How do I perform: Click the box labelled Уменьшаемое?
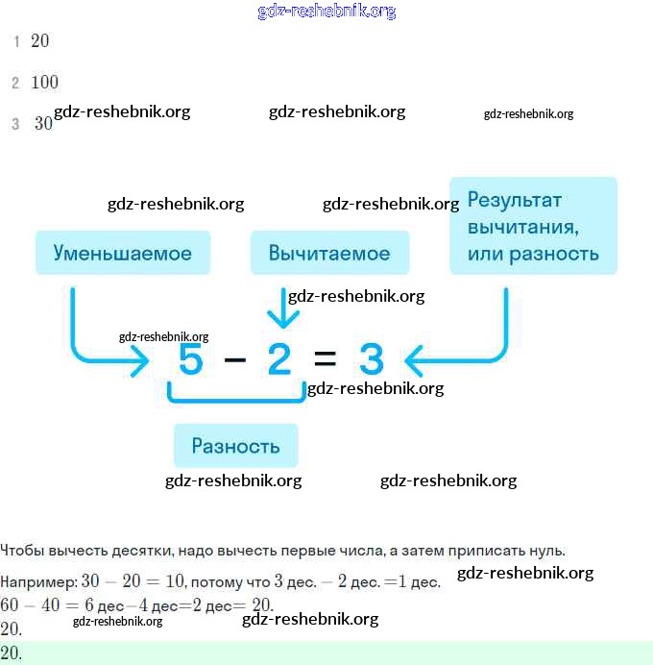click(x=122, y=254)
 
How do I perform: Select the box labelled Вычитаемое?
click(x=329, y=254)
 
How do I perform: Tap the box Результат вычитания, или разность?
click(x=533, y=227)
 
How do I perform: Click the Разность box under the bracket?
click(x=235, y=446)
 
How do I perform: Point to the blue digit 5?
click(x=192, y=359)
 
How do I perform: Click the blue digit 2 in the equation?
click(x=278, y=359)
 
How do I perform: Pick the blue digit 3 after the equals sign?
click(x=371, y=359)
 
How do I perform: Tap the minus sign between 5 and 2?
click(x=235, y=360)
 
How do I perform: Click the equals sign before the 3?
click(x=325, y=360)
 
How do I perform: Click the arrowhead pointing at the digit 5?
click(x=141, y=361)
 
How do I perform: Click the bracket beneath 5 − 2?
click(x=236, y=395)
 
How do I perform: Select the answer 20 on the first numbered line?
click(x=39, y=41)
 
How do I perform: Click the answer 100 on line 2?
click(x=44, y=83)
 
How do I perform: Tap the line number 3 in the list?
click(x=15, y=124)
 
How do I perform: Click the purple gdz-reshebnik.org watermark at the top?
click(x=326, y=12)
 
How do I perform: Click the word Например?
click(x=38, y=582)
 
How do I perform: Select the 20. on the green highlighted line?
click(x=12, y=653)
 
